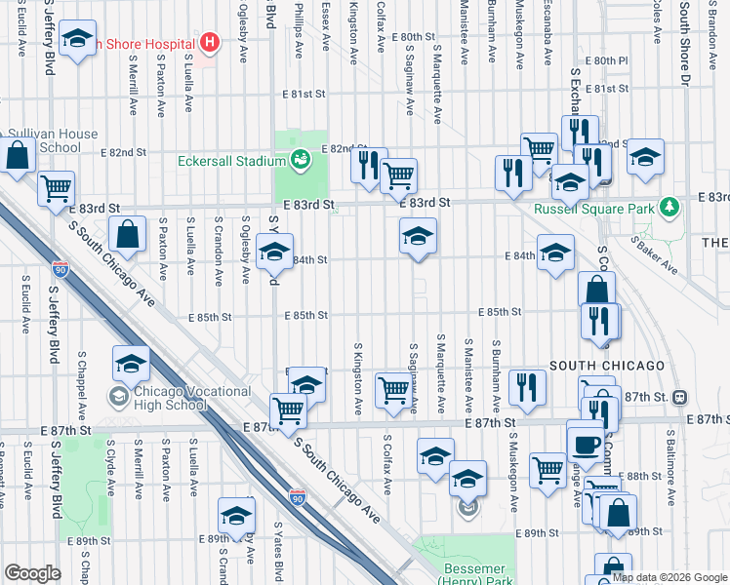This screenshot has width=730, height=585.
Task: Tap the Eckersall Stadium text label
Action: click(x=233, y=161)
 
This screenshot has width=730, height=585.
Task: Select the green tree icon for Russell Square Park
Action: click(x=669, y=207)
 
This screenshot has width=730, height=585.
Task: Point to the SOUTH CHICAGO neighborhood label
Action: click(x=606, y=366)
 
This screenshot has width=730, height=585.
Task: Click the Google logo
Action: click(x=32, y=573)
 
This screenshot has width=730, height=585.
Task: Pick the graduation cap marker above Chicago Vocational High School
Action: click(x=131, y=364)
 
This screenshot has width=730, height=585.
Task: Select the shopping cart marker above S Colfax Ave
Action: click(x=393, y=390)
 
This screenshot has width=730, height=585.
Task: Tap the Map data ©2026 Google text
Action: click(x=669, y=577)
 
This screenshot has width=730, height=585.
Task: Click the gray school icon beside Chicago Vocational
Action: click(x=118, y=396)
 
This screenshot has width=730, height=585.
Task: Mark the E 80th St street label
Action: click(x=412, y=36)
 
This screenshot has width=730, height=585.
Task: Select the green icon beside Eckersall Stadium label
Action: click(x=301, y=157)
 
